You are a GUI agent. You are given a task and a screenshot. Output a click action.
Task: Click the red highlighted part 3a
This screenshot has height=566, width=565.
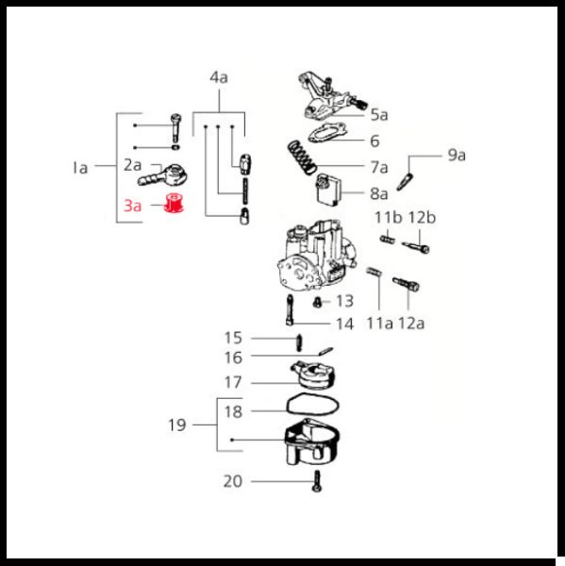(174, 203)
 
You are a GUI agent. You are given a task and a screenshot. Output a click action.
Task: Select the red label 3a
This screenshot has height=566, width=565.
(132, 206)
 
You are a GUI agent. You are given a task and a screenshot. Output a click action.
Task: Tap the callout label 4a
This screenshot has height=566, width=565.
(219, 77)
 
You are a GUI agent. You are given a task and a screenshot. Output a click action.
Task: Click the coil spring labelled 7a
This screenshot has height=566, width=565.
(302, 157)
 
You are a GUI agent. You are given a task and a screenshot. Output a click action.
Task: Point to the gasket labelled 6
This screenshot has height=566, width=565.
(327, 132)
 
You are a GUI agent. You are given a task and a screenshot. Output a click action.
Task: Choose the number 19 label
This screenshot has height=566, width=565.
(177, 424)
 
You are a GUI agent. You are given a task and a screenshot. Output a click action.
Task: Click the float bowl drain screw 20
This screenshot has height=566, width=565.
(317, 481)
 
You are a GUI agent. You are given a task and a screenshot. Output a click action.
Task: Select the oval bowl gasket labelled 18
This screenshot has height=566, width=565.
(312, 404)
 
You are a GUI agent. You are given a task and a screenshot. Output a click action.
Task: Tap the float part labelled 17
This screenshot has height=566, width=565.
(313, 375)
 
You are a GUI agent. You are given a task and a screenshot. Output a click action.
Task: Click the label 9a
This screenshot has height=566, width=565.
(457, 156)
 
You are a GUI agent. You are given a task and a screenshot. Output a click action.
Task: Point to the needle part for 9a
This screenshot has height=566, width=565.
(405, 181)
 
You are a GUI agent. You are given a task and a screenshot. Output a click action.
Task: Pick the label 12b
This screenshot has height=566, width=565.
(422, 218)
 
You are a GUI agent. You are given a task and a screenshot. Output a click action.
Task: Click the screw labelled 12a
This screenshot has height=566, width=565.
(406, 284)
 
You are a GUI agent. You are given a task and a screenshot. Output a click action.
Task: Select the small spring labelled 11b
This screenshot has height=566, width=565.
(388, 240)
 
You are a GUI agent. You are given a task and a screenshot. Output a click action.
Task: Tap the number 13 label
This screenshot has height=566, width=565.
(345, 301)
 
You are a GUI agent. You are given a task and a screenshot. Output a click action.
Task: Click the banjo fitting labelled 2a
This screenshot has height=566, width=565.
(162, 175)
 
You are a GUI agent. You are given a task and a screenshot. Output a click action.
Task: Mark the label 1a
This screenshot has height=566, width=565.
(80, 168)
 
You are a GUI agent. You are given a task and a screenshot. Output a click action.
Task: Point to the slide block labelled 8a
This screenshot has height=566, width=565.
(328, 190)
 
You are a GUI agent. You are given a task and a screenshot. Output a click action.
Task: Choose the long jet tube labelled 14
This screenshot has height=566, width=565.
(290, 310)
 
